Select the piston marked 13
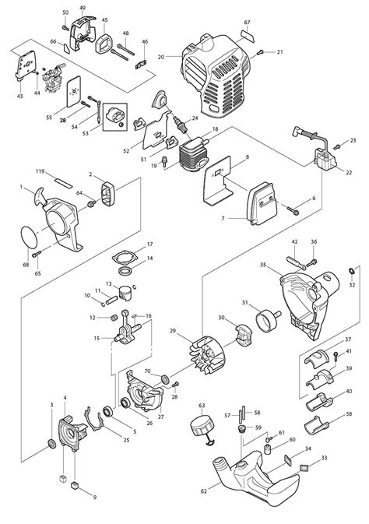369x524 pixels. click(x=126, y=293)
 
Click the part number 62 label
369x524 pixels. click(x=204, y=491)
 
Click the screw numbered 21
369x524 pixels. click(x=260, y=52)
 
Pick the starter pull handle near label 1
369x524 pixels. click(x=40, y=197)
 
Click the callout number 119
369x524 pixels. click(x=40, y=171)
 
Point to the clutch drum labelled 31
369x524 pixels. click(x=268, y=320)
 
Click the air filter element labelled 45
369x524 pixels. click(x=104, y=43)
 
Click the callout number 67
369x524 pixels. click(x=247, y=23)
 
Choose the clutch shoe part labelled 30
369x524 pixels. click(x=244, y=333)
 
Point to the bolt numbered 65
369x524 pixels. click(x=37, y=254)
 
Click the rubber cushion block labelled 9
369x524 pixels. click(x=75, y=486)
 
